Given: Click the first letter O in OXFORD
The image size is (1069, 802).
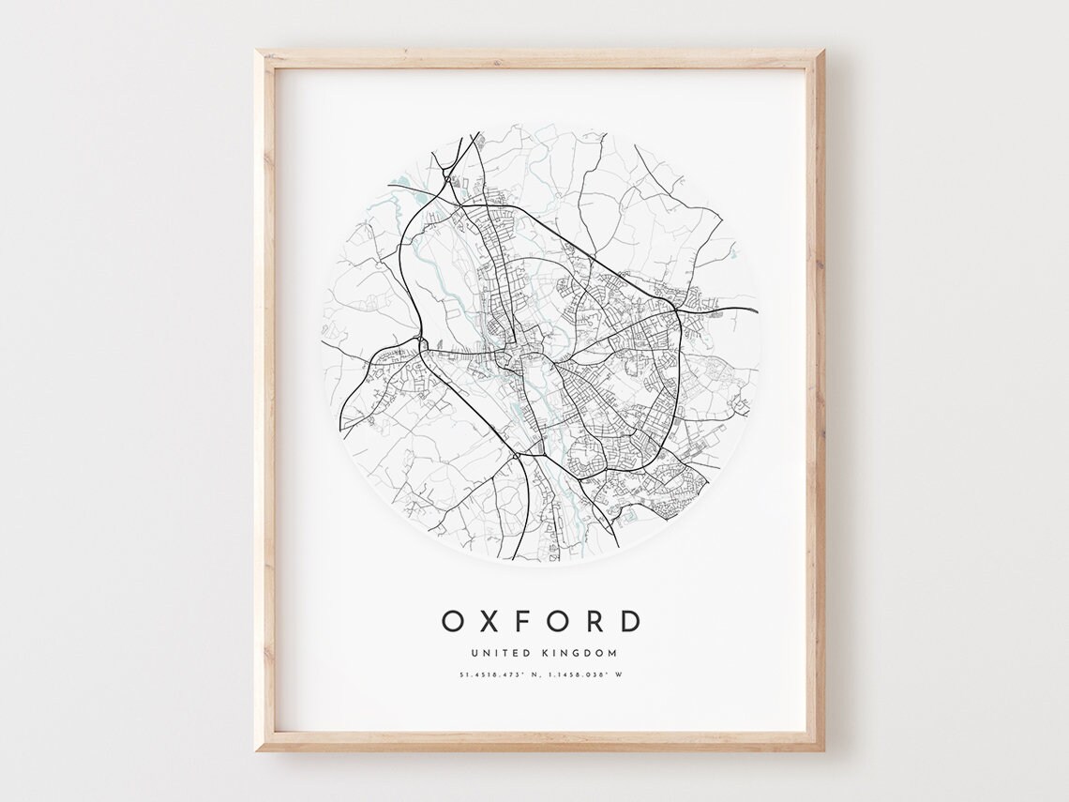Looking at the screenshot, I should [453, 621].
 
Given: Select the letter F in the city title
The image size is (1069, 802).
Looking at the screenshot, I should [523, 621].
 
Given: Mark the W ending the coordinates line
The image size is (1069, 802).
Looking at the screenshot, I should [619, 674].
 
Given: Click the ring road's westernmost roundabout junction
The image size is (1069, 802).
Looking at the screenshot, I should [421, 342].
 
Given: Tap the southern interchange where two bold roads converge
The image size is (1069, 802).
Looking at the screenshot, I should [516, 456].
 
